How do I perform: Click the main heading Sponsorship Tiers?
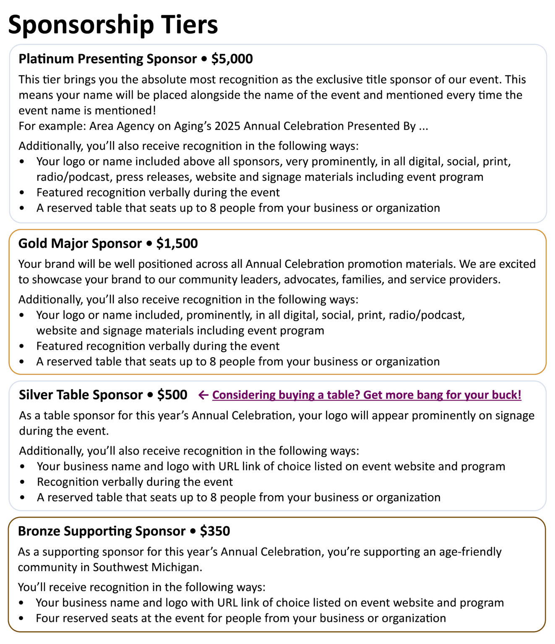(113, 24)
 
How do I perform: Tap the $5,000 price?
(232, 59)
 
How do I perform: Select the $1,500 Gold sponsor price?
(177, 243)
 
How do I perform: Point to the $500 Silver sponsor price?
(172, 395)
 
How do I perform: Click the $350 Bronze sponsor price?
(215, 531)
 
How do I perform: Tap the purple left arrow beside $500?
(203, 395)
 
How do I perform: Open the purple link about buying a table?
(367, 395)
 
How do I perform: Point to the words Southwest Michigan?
(147, 567)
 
